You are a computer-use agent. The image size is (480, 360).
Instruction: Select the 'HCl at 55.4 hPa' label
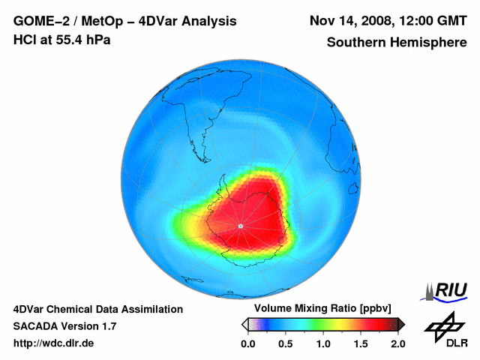click(x=61, y=40)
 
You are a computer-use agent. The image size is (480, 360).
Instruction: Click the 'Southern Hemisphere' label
click(x=397, y=43)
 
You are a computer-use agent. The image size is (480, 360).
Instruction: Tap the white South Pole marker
click(x=239, y=226)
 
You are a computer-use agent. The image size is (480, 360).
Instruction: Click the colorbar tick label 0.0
click(x=247, y=343)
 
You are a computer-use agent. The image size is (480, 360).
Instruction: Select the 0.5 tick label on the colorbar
click(x=285, y=343)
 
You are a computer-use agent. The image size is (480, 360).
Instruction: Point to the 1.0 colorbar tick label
click(x=322, y=343)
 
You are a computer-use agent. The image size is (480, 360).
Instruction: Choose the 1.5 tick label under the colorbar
click(x=360, y=343)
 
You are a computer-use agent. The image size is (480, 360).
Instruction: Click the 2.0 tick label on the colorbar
click(x=397, y=343)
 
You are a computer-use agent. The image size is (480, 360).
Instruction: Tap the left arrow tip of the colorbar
click(x=244, y=324)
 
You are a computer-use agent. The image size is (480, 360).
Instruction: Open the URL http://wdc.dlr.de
click(x=54, y=343)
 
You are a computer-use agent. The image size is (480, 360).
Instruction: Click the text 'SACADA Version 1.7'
click(x=64, y=326)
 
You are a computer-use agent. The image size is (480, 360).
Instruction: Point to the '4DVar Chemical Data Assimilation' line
click(x=97, y=309)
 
